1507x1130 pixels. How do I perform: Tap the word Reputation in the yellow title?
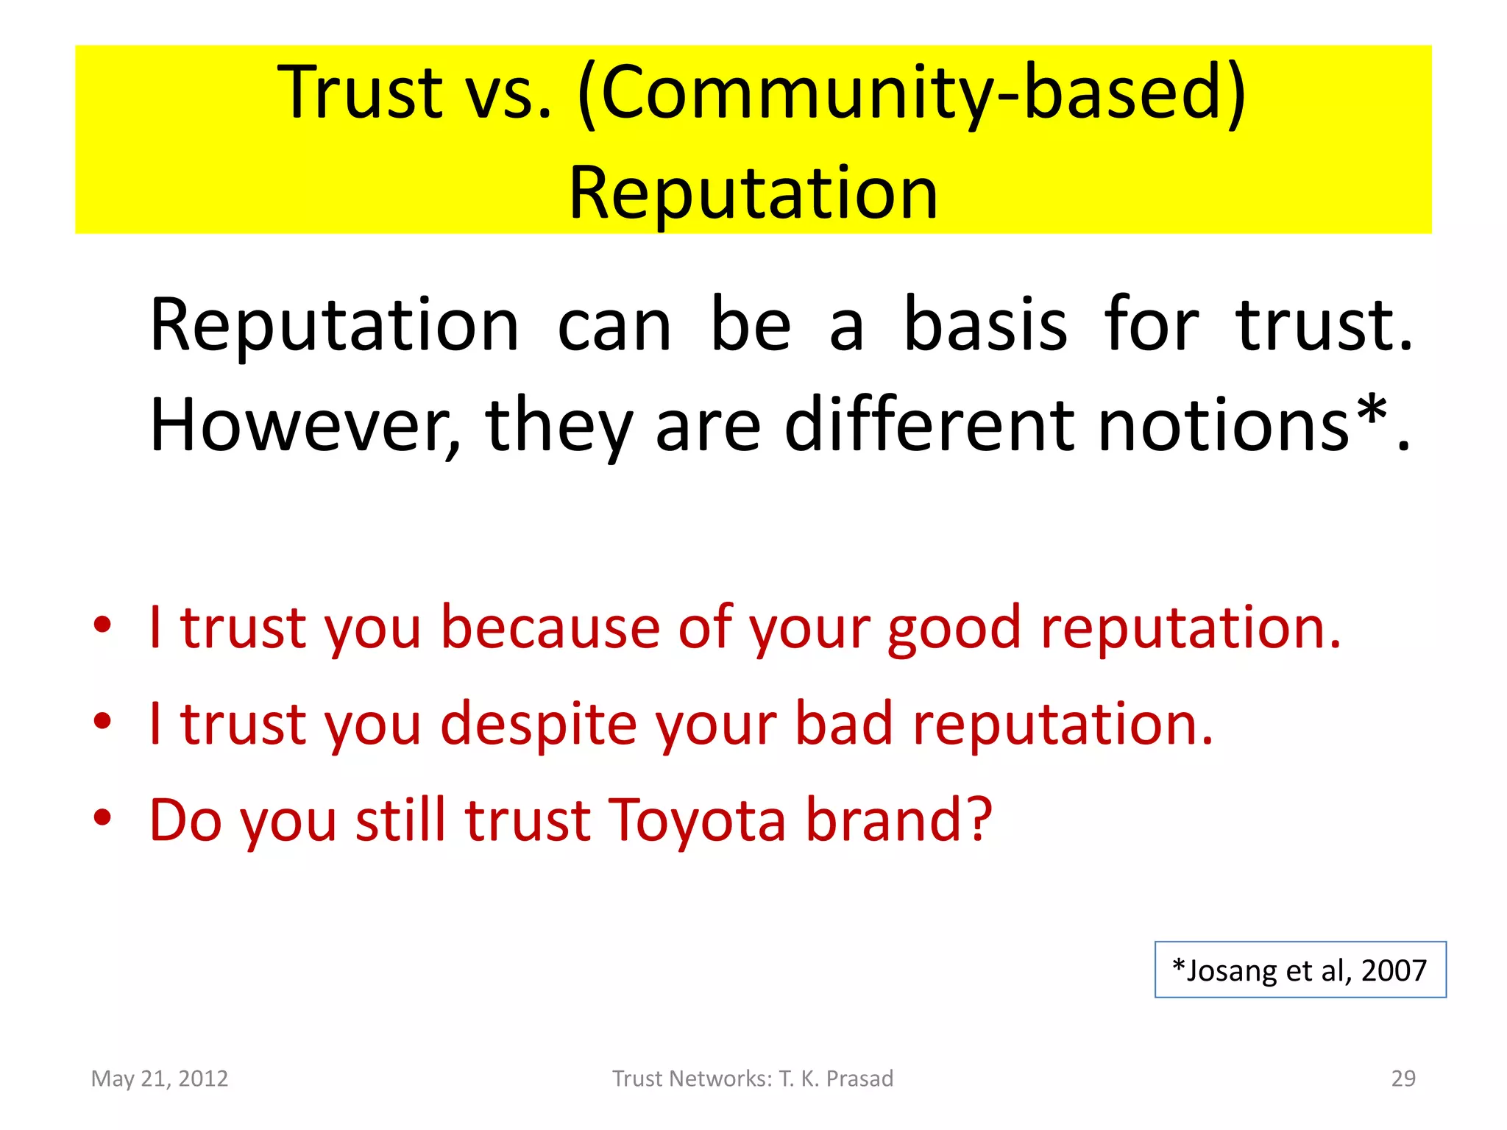point(753,193)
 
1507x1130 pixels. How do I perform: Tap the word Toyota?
point(697,820)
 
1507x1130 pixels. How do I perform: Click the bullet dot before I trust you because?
point(102,625)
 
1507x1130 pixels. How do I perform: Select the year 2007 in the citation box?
point(1394,971)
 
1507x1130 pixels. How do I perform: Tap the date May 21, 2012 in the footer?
point(160,1079)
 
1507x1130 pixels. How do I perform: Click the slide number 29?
point(1403,1079)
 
